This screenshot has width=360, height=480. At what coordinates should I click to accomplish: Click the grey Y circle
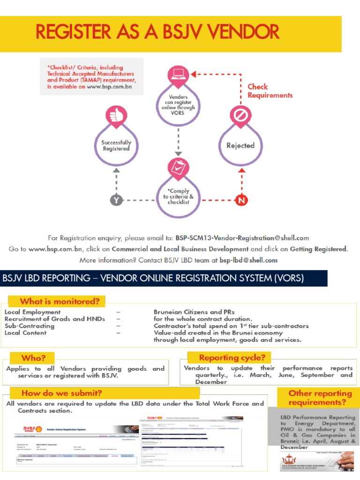(116, 200)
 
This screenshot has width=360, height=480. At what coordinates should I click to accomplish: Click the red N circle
(241, 200)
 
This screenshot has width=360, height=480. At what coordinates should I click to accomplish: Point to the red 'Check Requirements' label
(270, 91)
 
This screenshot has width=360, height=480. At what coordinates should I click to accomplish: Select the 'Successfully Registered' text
(116, 145)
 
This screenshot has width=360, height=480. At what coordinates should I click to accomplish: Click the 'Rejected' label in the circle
(240, 146)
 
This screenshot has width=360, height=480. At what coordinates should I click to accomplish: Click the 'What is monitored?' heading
(59, 301)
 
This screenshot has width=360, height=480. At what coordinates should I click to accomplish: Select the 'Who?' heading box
(33, 358)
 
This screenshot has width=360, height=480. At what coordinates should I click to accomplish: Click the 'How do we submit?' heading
(61, 393)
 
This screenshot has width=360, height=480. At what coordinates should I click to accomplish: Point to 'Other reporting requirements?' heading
(320, 398)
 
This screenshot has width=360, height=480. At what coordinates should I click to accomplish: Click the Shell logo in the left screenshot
(45, 428)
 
